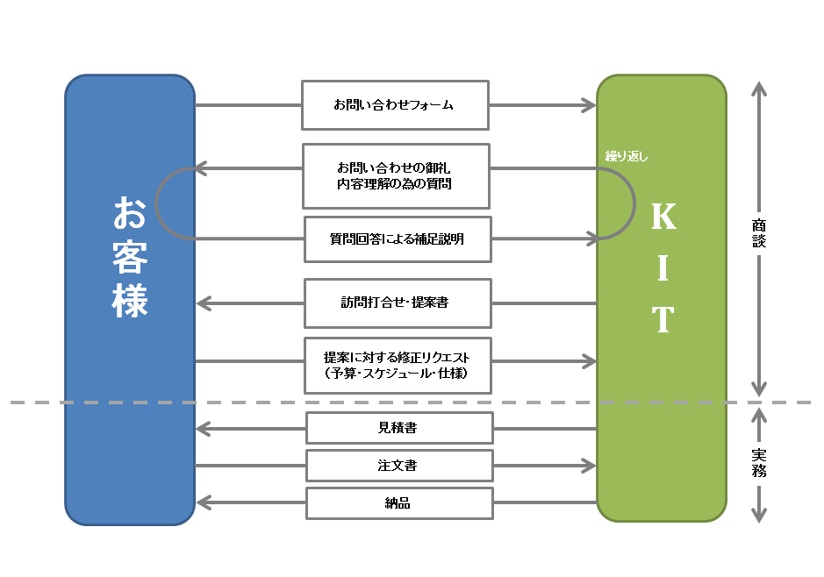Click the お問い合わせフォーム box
point(395,105)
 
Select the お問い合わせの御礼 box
point(397,176)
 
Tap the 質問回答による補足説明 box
point(398,239)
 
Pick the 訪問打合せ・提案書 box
point(398,303)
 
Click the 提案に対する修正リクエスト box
point(398,366)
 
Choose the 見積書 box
point(399,428)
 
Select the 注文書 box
point(399,466)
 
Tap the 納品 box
point(399,503)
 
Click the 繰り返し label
point(627,156)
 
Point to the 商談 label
point(759,233)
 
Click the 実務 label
point(759,463)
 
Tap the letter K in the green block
point(663,216)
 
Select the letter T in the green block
point(663,318)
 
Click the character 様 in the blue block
point(130,300)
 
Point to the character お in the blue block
point(130,212)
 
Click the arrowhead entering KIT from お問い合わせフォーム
point(589,105)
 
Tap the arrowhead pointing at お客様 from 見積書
point(204,429)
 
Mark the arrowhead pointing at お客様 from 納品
point(204,503)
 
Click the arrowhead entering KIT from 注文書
point(589,466)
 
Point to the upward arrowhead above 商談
point(759,89)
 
